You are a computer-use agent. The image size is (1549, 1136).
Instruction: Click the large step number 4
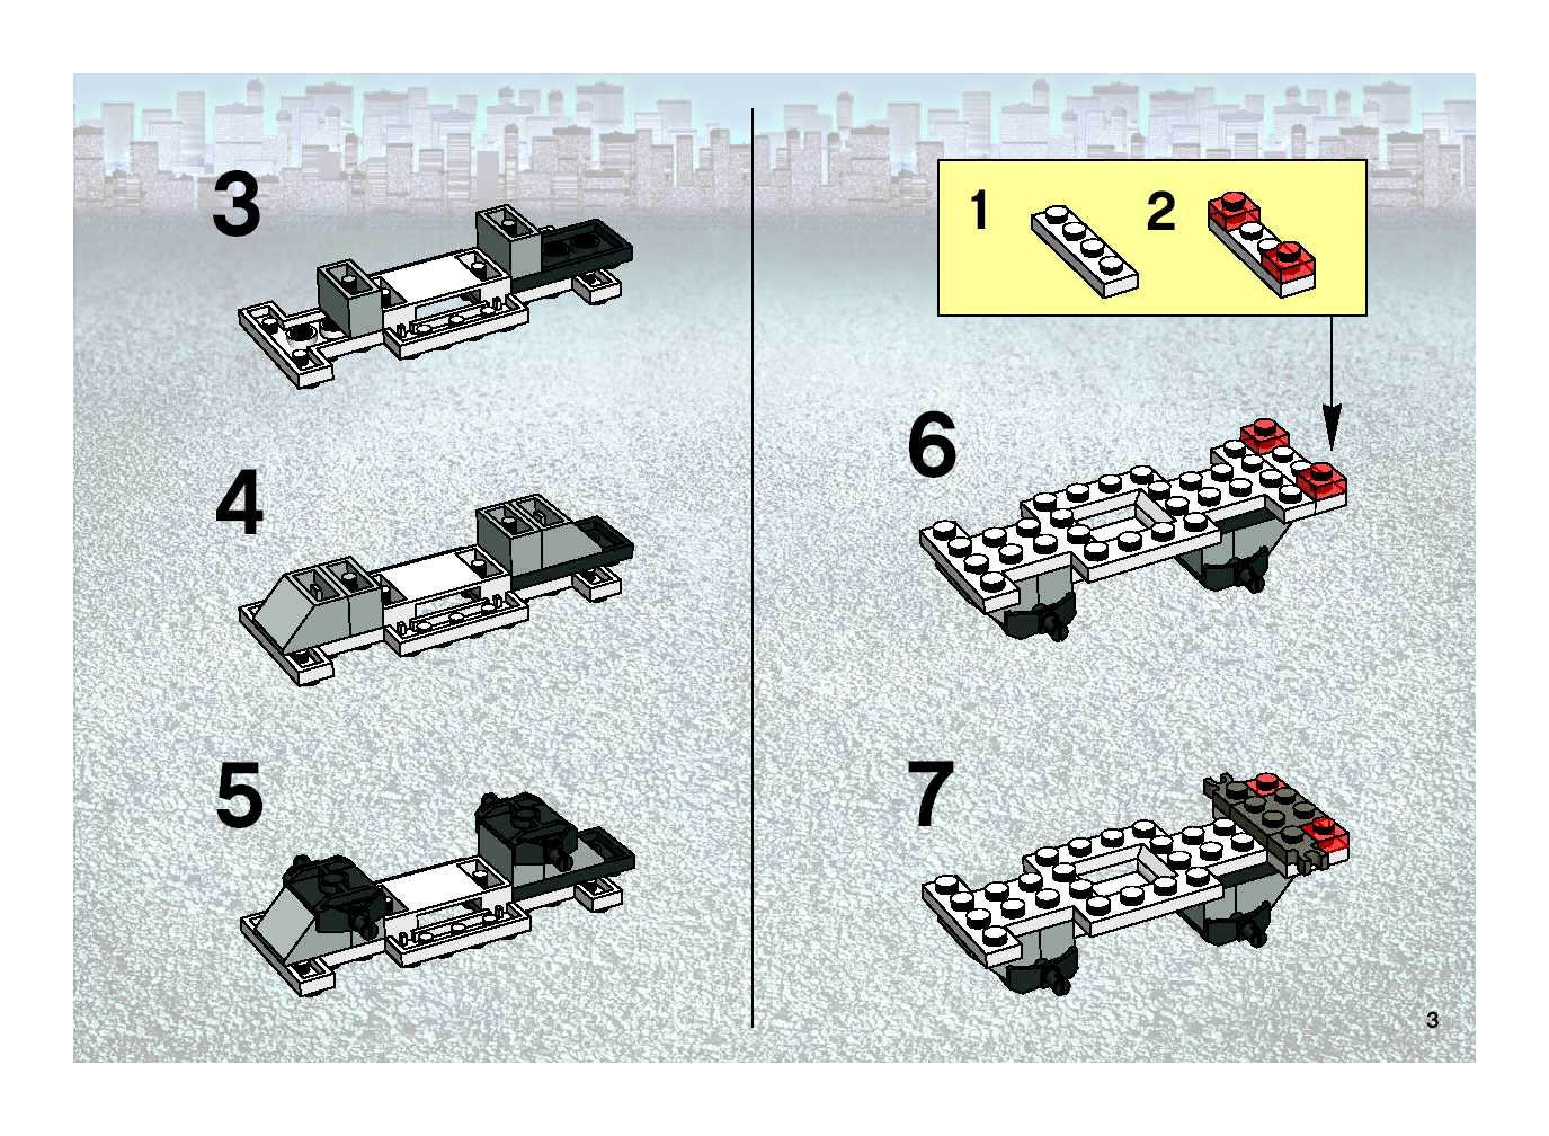click(239, 502)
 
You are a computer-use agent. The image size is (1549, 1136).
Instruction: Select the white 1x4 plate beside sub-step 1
click(1084, 251)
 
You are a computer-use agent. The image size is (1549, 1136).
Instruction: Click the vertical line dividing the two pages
click(753, 568)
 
